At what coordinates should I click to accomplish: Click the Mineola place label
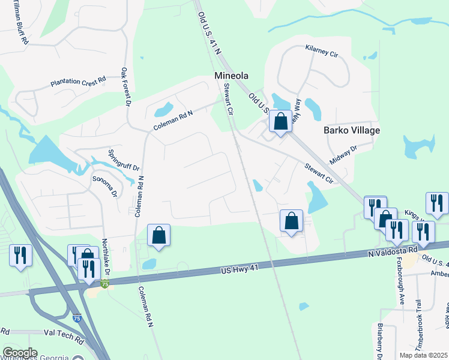pos(232,76)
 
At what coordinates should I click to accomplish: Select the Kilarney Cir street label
pos(322,51)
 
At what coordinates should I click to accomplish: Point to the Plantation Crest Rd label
pos(78,80)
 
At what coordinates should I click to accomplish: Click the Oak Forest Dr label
pos(126,86)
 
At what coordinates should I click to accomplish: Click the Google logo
pos(20,353)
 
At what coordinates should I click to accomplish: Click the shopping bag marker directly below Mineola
pos(280,122)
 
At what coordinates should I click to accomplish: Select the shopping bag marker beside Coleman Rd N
pos(158,236)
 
